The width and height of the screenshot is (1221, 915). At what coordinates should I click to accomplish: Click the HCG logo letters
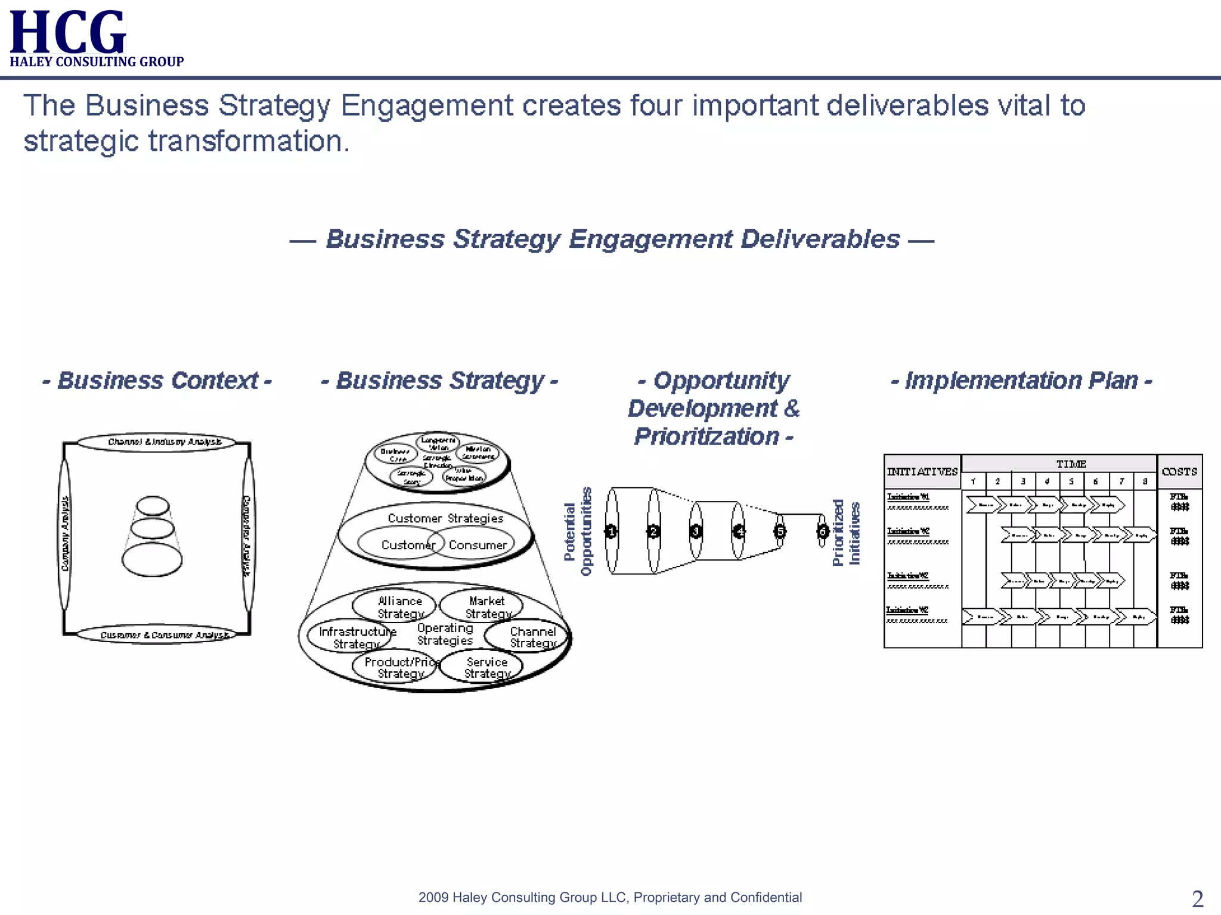click(x=67, y=32)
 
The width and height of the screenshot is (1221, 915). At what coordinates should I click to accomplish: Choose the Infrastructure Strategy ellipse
click(x=352, y=637)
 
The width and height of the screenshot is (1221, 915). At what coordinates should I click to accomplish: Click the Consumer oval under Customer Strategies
click(x=477, y=544)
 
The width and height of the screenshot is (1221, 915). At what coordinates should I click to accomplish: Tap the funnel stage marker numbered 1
click(x=611, y=531)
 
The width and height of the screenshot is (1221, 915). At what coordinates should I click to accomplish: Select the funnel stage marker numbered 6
click(x=823, y=531)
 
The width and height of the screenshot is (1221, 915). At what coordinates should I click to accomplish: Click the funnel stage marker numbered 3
click(x=696, y=531)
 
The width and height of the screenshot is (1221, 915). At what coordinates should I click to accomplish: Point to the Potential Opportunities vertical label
click(x=578, y=531)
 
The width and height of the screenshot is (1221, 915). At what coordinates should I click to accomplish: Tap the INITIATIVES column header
click(x=922, y=472)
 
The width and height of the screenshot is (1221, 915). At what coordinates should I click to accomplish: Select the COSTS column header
click(x=1179, y=472)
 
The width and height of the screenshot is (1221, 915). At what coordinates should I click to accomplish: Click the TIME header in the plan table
click(x=1071, y=464)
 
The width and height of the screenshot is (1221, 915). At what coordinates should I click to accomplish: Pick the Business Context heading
click(x=157, y=380)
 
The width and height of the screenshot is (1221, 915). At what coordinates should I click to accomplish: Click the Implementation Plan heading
click(x=1021, y=380)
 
